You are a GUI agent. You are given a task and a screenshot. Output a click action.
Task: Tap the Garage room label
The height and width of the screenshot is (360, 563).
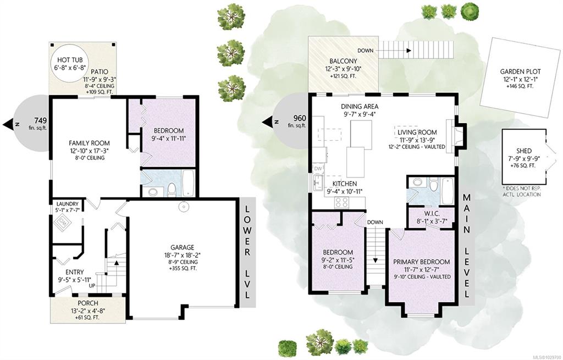(x=183, y=247)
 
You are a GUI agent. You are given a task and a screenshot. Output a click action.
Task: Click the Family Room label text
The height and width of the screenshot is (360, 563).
(x=90, y=143)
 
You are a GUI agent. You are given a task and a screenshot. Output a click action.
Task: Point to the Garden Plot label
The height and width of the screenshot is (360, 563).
(x=520, y=72)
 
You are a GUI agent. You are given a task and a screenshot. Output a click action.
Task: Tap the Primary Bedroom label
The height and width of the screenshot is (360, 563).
(x=422, y=262)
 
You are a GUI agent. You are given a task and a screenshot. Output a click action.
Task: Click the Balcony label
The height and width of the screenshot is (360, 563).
(x=343, y=62)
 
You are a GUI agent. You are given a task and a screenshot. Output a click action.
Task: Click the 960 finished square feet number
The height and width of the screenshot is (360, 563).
(x=300, y=118)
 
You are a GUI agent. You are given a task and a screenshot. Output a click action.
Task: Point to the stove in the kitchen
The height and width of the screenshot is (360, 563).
(x=341, y=202)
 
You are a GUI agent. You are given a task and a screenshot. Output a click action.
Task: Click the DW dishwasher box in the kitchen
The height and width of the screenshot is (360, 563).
(x=318, y=168)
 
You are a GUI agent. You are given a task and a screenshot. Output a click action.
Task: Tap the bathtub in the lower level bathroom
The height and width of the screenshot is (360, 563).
(x=189, y=182)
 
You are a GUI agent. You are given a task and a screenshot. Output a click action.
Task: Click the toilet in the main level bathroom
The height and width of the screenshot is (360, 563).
(x=434, y=184)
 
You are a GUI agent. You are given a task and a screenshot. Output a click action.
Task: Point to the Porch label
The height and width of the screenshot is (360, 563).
(x=88, y=303)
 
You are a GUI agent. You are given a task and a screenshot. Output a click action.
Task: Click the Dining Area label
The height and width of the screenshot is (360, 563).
(x=360, y=107)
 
